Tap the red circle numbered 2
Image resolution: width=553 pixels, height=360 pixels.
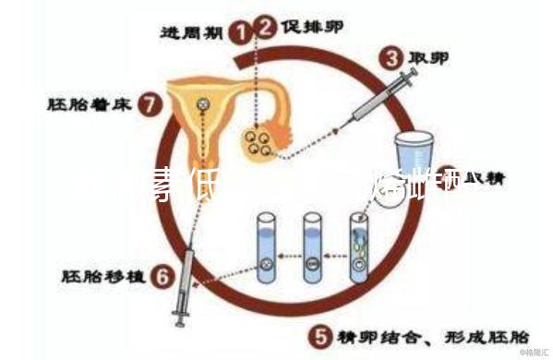point(267,27)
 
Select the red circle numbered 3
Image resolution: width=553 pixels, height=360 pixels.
point(392,59)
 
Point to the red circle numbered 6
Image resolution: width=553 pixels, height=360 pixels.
point(162,274)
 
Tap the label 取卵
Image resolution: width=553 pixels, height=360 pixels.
point(430,58)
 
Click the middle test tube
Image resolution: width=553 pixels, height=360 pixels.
point(313,245)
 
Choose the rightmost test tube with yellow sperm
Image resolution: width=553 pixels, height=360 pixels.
point(358,245)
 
